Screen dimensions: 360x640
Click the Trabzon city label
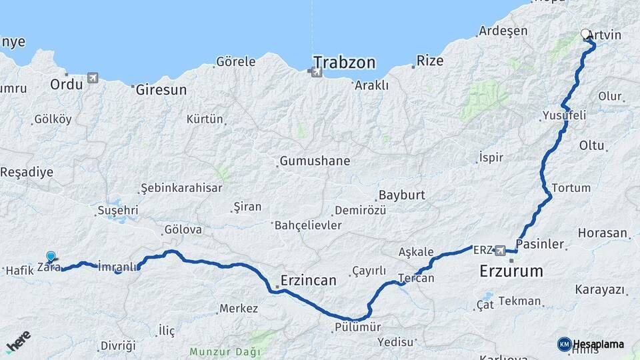pyautogui.click(x=344, y=63)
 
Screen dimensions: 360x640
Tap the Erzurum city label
pyautogui.click(x=511, y=271)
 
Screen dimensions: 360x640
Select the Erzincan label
pyautogui.click(x=308, y=281)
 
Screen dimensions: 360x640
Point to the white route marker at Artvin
pyautogui.click(x=585, y=34)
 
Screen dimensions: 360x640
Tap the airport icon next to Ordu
pyautogui.click(x=92, y=79)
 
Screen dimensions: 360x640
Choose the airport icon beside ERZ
pyautogui.click(x=500, y=251)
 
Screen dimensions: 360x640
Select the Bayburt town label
pyautogui.click(x=401, y=196)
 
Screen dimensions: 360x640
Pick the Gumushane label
pyautogui.click(x=315, y=161)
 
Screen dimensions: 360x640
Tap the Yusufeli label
pyautogui.click(x=564, y=115)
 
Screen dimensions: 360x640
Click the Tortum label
pyautogui.click(x=571, y=188)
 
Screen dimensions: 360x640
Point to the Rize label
pyautogui.click(x=430, y=61)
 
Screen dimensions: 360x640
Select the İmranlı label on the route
pyautogui.click(x=117, y=265)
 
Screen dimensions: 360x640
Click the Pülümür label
pyautogui.click(x=358, y=327)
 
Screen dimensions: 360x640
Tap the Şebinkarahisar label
pyautogui.click(x=181, y=188)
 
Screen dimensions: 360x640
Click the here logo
pyautogui.click(x=18, y=341)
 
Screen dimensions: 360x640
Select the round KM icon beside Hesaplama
pyautogui.click(x=564, y=344)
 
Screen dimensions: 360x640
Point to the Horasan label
pyautogui.click(x=603, y=233)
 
